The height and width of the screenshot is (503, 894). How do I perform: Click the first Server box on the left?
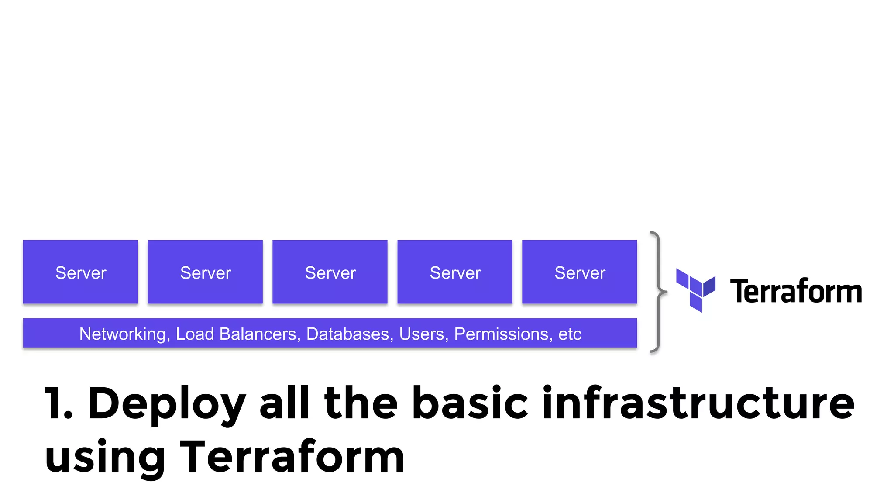point(80,272)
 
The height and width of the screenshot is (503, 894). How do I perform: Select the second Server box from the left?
point(205,272)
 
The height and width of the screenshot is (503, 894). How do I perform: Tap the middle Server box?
point(330,272)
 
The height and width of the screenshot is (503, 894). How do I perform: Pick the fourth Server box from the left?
point(455,272)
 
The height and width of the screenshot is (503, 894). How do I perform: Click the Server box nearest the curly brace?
point(580,272)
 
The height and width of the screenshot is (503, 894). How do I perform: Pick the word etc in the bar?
point(570,334)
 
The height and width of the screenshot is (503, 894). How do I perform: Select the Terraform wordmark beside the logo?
point(796,291)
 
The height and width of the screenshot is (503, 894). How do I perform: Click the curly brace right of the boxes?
point(657,291)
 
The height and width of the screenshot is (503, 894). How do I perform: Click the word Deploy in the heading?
point(167,404)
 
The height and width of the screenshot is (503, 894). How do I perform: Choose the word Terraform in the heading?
point(292,456)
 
